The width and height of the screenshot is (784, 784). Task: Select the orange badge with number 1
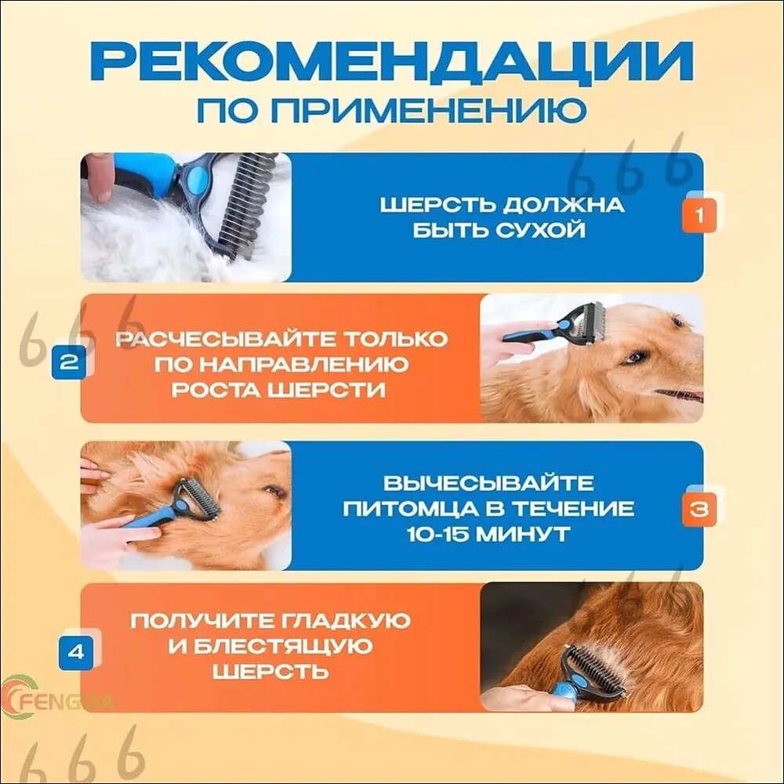tap(699, 216)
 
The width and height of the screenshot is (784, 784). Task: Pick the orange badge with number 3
tap(699, 509)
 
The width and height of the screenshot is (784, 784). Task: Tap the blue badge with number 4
tap(75, 652)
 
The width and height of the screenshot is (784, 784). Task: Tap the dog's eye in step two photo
tap(634, 358)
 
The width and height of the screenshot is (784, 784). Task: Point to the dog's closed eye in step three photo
tap(274, 491)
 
